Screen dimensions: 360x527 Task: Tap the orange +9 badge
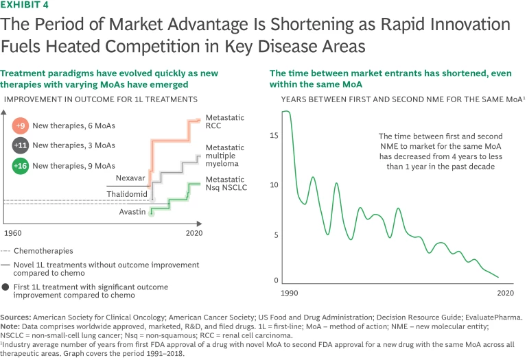click(21, 126)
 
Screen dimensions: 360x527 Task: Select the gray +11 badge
click(21, 145)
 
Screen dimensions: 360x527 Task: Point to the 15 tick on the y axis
click(274, 135)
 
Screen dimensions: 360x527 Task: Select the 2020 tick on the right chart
click(504, 292)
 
